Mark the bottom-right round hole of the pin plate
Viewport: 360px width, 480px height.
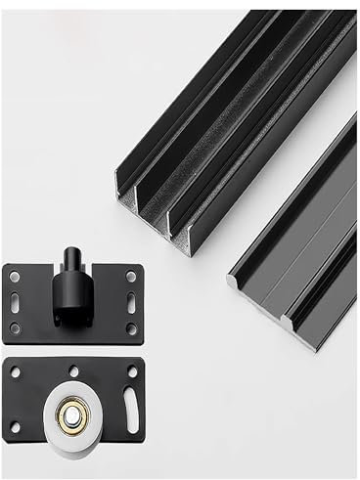132,327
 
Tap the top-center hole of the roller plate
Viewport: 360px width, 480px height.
72,371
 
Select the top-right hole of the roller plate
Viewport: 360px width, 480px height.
132,372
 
